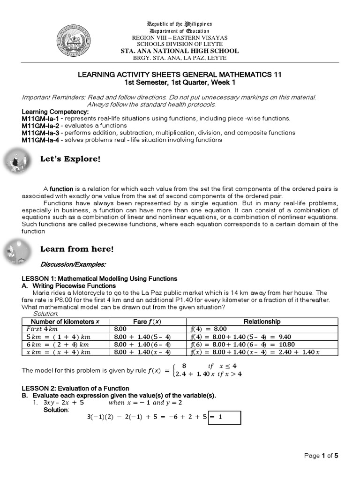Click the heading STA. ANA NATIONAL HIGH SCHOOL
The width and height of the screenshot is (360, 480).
[x=180, y=51]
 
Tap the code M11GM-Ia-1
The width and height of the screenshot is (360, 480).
[x=40, y=119]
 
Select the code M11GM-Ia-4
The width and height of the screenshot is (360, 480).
[x=40, y=140]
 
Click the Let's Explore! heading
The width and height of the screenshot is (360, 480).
[x=70, y=159]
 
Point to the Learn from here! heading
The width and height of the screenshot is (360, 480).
[x=77, y=248]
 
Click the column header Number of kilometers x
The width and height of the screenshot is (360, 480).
[x=65, y=322]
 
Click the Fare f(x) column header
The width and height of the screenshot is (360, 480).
[x=147, y=322]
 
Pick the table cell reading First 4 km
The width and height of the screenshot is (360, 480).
[x=42, y=329]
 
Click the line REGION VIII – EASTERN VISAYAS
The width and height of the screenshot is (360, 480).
[x=180, y=37]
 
